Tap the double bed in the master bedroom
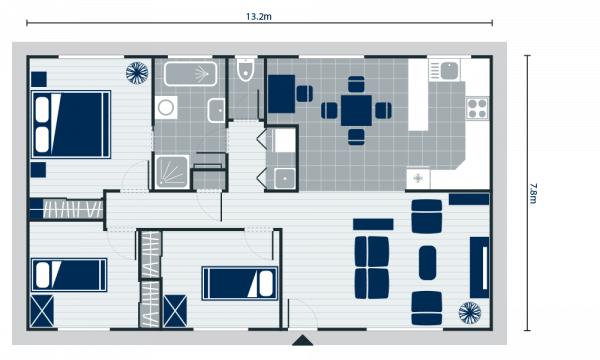tap(70, 124)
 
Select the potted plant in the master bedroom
tap(137, 72)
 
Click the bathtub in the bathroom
tap(190, 74)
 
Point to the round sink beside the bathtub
tap(166, 107)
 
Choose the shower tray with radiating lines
tap(171, 171)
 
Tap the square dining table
tap(356, 110)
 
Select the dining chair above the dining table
tap(356, 85)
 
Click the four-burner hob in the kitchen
tap(477, 106)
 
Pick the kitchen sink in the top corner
tap(446, 70)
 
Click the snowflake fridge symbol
tap(418, 178)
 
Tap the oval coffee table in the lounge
tap(427, 262)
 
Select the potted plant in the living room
tap(470, 313)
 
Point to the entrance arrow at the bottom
tap(302, 340)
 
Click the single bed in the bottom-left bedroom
tap(69, 274)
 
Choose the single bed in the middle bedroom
tap(239, 283)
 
